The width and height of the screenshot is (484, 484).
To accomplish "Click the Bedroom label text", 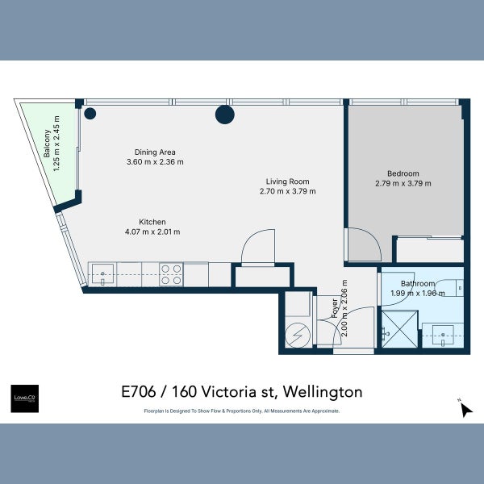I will (403, 173).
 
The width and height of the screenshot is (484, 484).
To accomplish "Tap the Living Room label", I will (288, 181).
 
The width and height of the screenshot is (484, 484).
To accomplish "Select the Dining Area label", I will (155, 152).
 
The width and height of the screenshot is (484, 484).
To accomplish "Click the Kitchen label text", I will (152, 222).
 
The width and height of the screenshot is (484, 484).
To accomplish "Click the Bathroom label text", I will (419, 284).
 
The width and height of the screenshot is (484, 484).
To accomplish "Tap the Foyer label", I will (334, 309).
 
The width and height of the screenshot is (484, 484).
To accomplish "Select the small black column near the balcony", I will (91, 113).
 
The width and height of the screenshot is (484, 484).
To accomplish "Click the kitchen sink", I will (102, 274).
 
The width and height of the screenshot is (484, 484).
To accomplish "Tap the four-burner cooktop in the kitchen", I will (171, 275).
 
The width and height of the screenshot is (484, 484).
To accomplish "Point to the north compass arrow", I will (465, 410).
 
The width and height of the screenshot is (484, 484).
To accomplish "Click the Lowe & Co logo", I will (23, 398).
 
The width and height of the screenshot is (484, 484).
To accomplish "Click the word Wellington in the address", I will (323, 392).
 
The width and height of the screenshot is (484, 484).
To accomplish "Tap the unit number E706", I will (139, 392).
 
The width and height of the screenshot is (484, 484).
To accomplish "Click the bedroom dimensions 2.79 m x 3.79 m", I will (403, 183).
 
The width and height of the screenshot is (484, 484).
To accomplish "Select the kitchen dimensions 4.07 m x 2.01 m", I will (152, 232).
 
